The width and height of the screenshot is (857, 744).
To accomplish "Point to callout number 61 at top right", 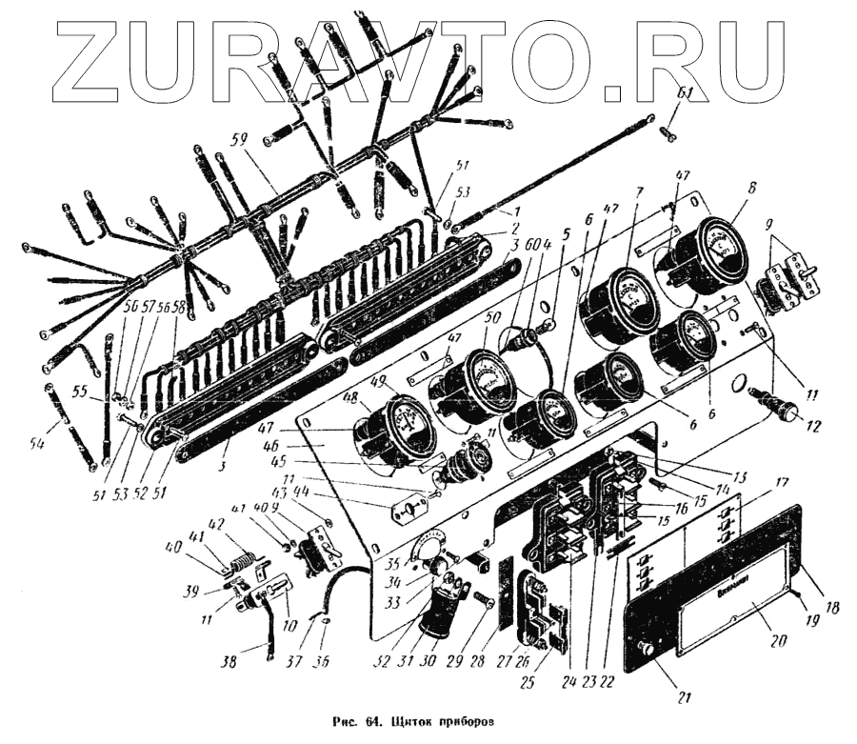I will [684, 93].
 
